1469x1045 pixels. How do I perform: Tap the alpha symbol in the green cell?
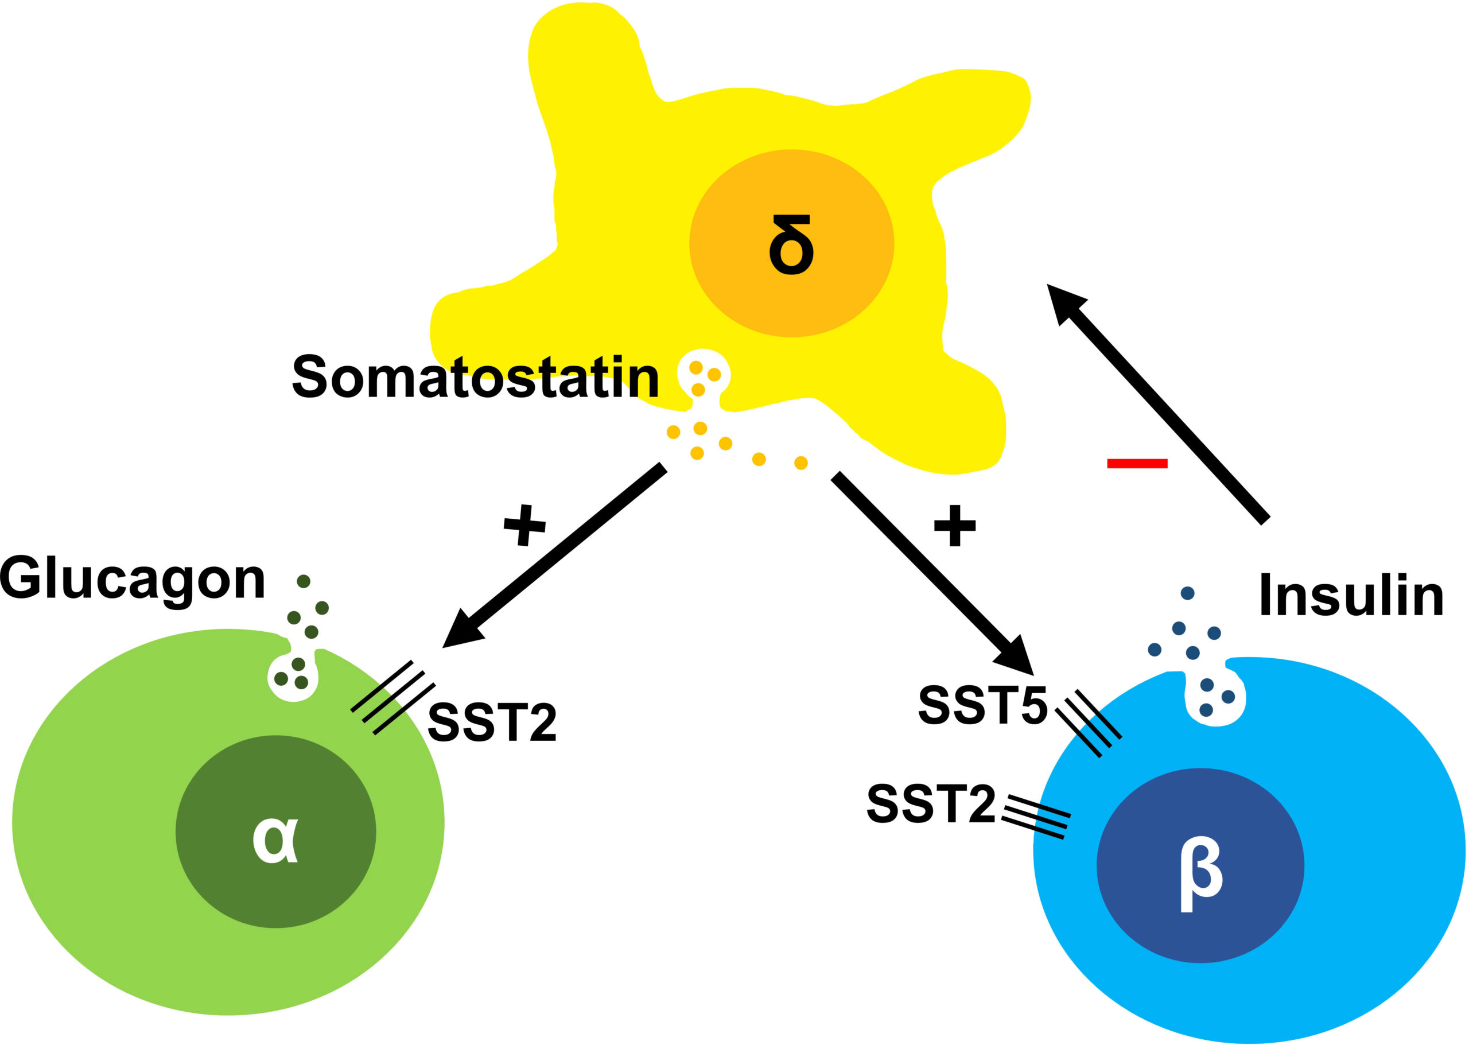(x=275, y=840)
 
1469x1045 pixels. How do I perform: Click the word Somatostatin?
(x=476, y=377)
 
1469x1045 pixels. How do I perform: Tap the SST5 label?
(x=982, y=706)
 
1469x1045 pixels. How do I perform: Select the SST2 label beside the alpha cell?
(x=492, y=722)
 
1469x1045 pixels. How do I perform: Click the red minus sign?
(x=1137, y=463)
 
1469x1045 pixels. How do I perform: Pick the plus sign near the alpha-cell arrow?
(x=524, y=525)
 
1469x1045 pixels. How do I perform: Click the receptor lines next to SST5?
(x=1089, y=723)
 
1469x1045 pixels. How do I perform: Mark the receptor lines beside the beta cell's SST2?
(x=1035, y=817)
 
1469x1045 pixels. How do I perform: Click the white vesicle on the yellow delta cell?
(x=704, y=375)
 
